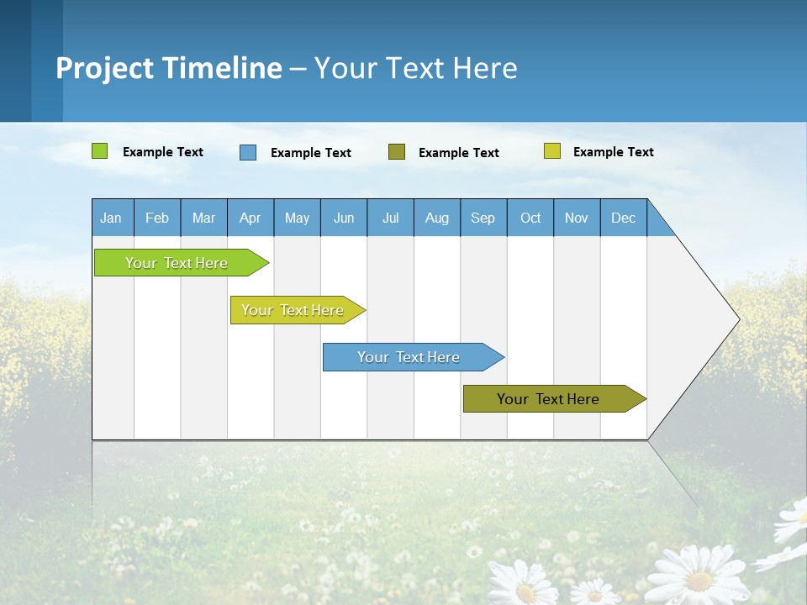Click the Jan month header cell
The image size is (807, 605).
click(112, 218)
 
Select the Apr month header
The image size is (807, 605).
click(251, 218)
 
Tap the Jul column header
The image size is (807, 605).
click(390, 218)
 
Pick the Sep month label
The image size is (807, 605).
click(483, 218)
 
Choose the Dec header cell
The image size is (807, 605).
click(623, 218)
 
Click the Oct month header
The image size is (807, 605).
click(530, 218)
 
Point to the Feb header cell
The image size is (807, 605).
click(157, 218)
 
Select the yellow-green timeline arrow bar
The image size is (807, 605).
click(294, 310)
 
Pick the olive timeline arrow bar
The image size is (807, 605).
click(551, 399)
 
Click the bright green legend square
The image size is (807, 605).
click(100, 151)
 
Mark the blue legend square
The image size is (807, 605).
click(248, 152)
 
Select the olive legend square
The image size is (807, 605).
click(397, 151)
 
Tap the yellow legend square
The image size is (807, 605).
click(551, 151)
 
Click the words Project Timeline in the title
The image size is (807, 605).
click(168, 67)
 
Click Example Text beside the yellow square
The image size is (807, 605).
click(613, 152)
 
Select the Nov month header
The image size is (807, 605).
click(577, 218)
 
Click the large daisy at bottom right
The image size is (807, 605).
click(699, 577)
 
